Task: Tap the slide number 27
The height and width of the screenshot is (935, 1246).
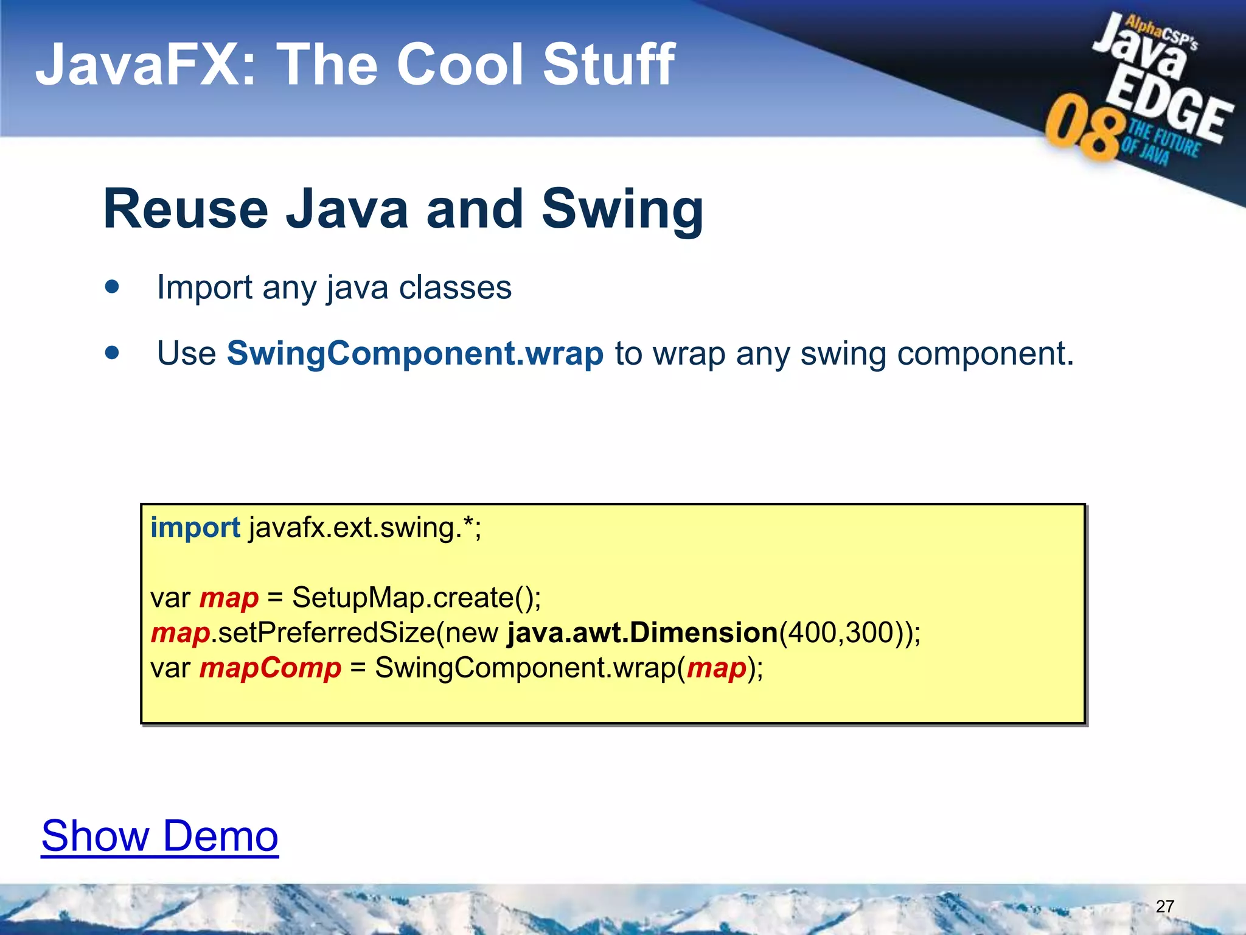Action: pos(1164,906)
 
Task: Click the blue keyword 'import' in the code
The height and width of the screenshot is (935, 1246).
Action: pos(195,528)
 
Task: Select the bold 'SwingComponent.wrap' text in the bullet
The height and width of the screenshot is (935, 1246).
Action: pos(415,354)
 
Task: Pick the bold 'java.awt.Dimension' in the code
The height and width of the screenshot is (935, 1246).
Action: pos(642,633)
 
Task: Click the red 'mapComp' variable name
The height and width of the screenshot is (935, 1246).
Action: pos(270,668)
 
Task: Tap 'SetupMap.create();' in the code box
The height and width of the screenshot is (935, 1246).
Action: pos(416,598)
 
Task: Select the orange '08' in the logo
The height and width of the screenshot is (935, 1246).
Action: pos(1083,128)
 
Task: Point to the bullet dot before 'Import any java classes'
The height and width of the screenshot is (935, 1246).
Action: pos(112,287)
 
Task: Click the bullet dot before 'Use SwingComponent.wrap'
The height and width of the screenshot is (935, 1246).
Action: pos(112,352)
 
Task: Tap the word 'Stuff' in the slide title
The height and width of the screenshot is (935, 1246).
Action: pos(608,65)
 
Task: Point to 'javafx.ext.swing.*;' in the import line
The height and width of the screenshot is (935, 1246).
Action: pos(365,528)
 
